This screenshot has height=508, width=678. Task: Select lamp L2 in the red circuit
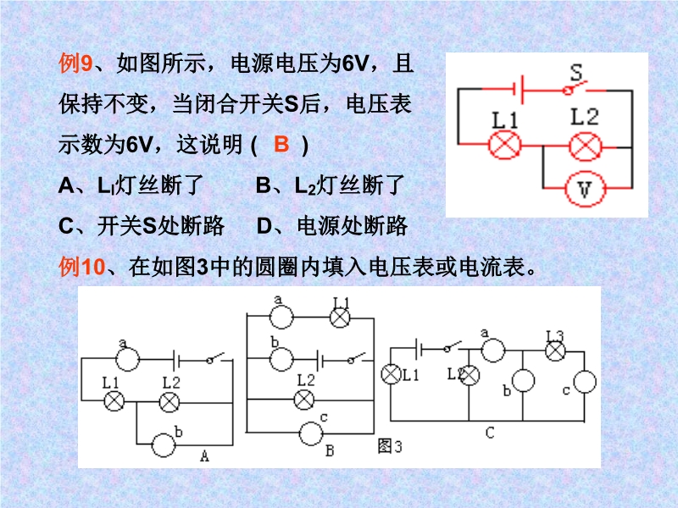coord(583,146)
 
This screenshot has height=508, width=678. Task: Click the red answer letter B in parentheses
coord(282,144)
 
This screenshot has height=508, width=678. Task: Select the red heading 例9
coord(75,63)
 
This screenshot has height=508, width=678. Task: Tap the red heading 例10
coord(81,268)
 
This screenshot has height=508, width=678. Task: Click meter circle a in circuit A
coord(127,359)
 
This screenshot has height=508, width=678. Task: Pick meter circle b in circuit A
coord(164,442)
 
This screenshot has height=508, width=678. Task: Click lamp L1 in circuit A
coord(114,400)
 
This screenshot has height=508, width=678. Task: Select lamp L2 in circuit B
coord(306,397)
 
